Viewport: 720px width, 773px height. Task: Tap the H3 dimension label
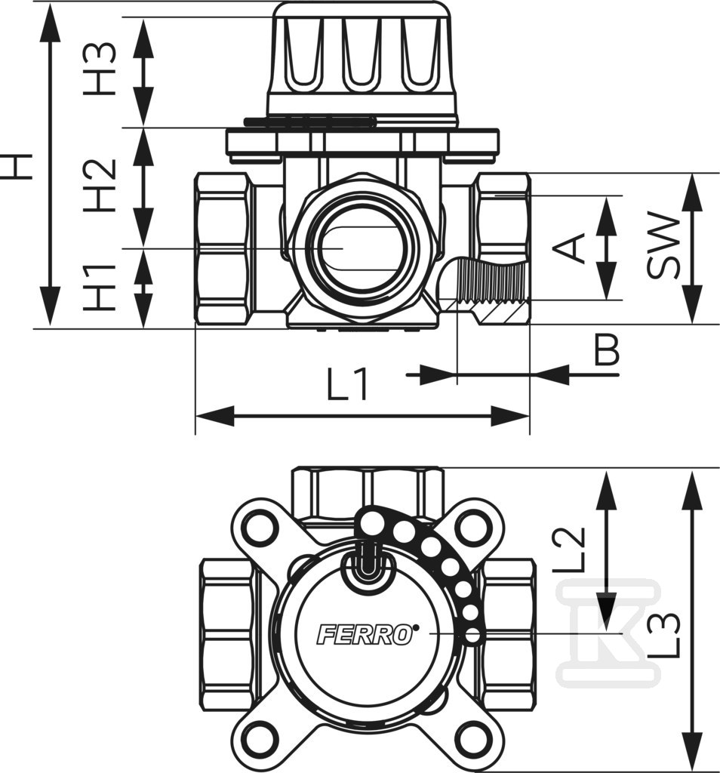click(x=100, y=68)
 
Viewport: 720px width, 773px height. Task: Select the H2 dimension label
click(x=100, y=186)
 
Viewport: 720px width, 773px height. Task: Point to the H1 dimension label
click(x=100, y=288)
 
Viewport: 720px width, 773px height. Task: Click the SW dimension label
click(x=663, y=245)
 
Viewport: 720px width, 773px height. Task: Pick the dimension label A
click(x=574, y=248)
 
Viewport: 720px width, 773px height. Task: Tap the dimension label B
click(x=606, y=350)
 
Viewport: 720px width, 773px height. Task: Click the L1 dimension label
click(x=349, y=386)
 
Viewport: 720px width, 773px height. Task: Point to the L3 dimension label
click(x=665, y=634)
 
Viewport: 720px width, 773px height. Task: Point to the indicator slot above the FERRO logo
click(x=366, y=562)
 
